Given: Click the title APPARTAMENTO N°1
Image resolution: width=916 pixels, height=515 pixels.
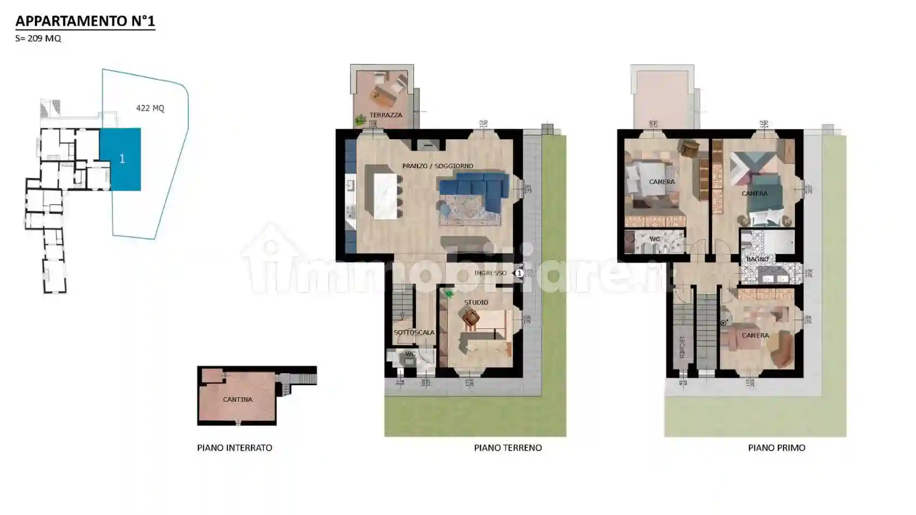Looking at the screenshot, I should click(85, 21).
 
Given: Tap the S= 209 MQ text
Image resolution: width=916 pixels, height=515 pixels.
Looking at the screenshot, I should click(38, 38).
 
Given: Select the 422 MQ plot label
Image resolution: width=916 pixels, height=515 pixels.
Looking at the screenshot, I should click(150, 108).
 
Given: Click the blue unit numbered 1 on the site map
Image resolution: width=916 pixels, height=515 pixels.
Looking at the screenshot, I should click(121, 159).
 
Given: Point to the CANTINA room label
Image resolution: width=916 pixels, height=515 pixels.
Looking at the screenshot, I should click(238, 399).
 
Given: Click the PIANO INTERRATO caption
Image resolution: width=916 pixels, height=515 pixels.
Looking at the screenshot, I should click(234, 447).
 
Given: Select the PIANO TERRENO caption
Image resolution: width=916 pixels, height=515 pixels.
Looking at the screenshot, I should click(508, 447).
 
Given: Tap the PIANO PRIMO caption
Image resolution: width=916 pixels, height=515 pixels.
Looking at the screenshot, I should click(776, 447).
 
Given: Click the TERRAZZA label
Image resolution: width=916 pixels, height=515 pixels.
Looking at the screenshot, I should click(385, 115).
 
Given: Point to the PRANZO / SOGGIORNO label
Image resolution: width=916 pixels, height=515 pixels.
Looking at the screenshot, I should click(438, 166).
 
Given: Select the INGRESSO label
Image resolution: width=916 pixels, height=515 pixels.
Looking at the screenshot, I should click(490, 273).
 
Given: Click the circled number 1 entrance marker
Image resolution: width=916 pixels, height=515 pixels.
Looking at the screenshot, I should click(519, 273).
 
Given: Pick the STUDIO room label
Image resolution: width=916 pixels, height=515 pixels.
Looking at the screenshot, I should click(476, 302).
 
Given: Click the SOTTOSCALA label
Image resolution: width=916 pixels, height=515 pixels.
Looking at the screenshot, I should click(414, 332).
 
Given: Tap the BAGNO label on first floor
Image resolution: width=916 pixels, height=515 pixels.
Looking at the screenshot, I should click(757, 259).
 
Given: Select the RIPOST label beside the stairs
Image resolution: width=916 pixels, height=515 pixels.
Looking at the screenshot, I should click(682, 346).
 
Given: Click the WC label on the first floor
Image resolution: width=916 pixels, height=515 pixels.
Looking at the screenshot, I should click(654, 239).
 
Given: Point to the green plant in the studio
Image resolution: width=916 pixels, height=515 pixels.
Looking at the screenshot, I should click(449, 294).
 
